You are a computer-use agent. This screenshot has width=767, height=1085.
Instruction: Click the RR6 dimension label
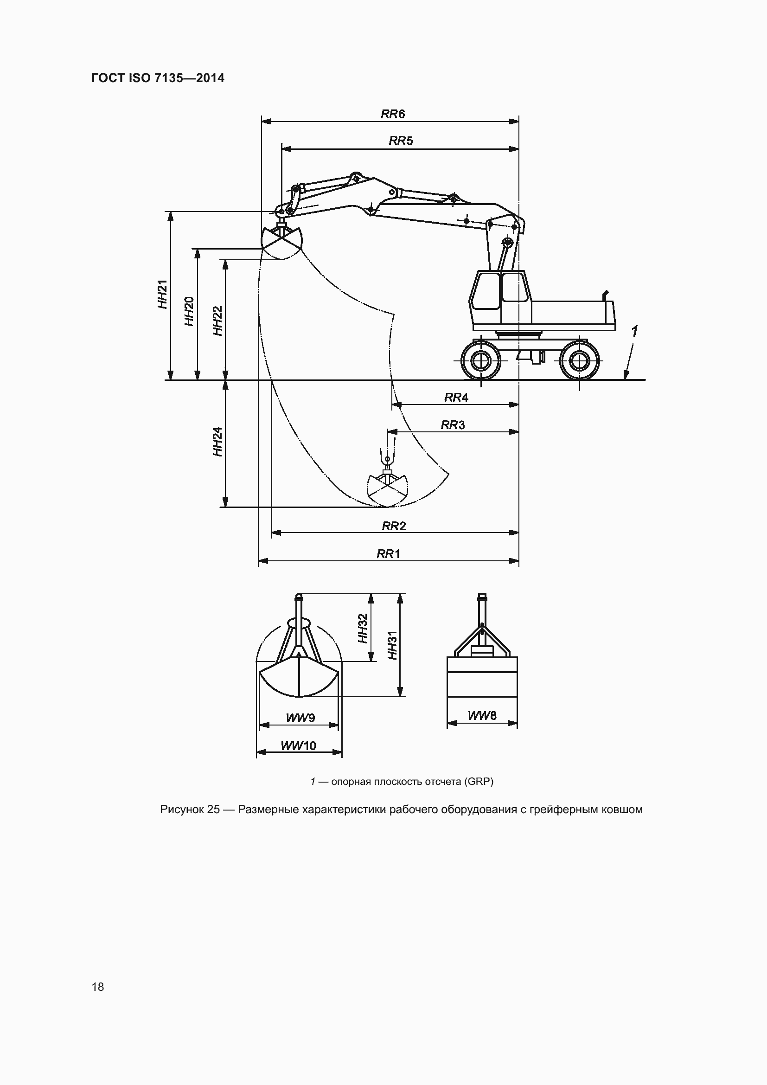392,114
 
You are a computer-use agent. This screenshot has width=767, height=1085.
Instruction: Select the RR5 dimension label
401,141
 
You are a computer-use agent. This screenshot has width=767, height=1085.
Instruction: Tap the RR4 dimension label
456,398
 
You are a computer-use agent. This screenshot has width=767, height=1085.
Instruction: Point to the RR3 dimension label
453,425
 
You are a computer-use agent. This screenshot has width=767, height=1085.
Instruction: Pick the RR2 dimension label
394,526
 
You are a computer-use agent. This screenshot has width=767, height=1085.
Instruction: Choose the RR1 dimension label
388,553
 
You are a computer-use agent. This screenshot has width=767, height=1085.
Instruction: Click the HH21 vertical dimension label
162,295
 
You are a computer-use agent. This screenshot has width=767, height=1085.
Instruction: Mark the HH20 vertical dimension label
189,311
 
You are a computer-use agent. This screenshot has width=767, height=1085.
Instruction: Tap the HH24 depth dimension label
217,441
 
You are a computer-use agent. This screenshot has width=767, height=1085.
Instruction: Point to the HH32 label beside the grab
363,628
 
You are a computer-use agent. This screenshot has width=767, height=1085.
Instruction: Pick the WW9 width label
300,718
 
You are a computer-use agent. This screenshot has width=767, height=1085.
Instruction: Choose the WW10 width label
299,746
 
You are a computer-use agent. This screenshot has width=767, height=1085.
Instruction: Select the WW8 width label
482,715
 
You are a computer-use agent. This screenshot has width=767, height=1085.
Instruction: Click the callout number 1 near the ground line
634,332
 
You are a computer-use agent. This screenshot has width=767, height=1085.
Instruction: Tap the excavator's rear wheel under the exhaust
579,361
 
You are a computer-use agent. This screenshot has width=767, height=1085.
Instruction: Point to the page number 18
98,987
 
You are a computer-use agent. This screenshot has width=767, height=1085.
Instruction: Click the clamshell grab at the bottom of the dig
387,489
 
